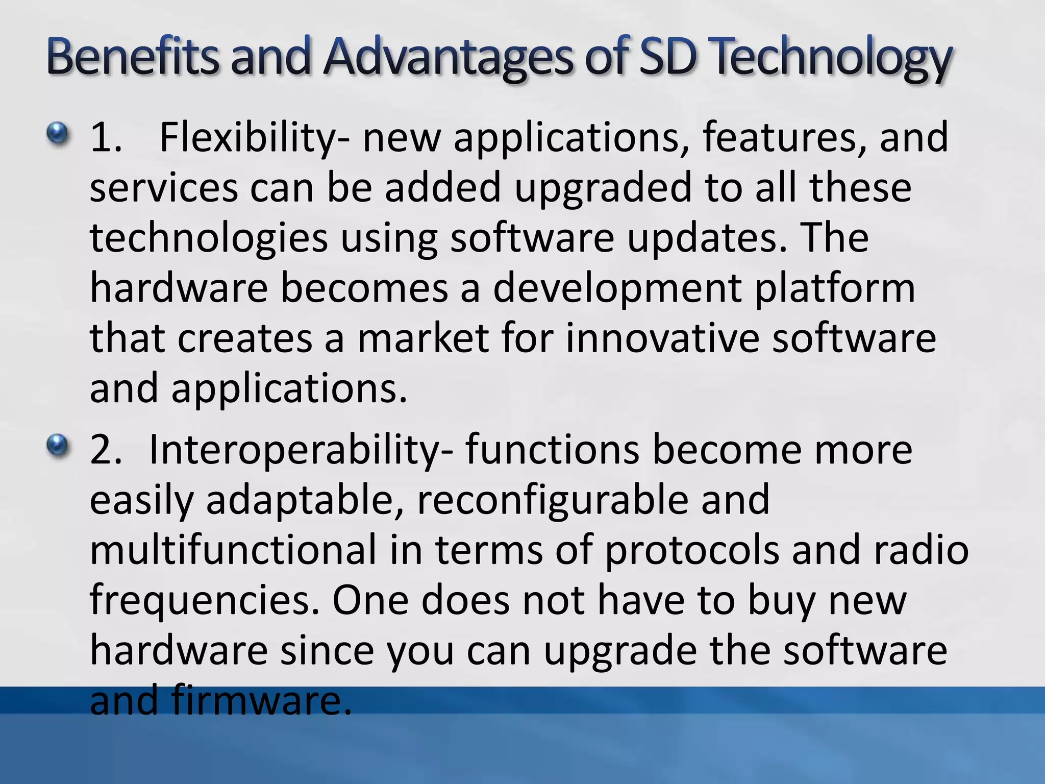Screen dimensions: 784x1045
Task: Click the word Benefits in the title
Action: pyautogui.click(x=134, y=57)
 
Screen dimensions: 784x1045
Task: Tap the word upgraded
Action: pyautogui.click(x=603, y=188)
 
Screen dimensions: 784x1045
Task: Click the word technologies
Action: pyautogui.click(x=209, y=238)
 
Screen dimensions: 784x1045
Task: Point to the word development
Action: pyautogui.click(x=617, y=288)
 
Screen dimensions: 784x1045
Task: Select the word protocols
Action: pyautogui.click(x=692, y=550)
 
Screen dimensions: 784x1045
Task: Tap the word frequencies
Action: pyautogui.click(x=207, y=601)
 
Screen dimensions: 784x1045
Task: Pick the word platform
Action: pyautogui.click(x=835, y=288)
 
